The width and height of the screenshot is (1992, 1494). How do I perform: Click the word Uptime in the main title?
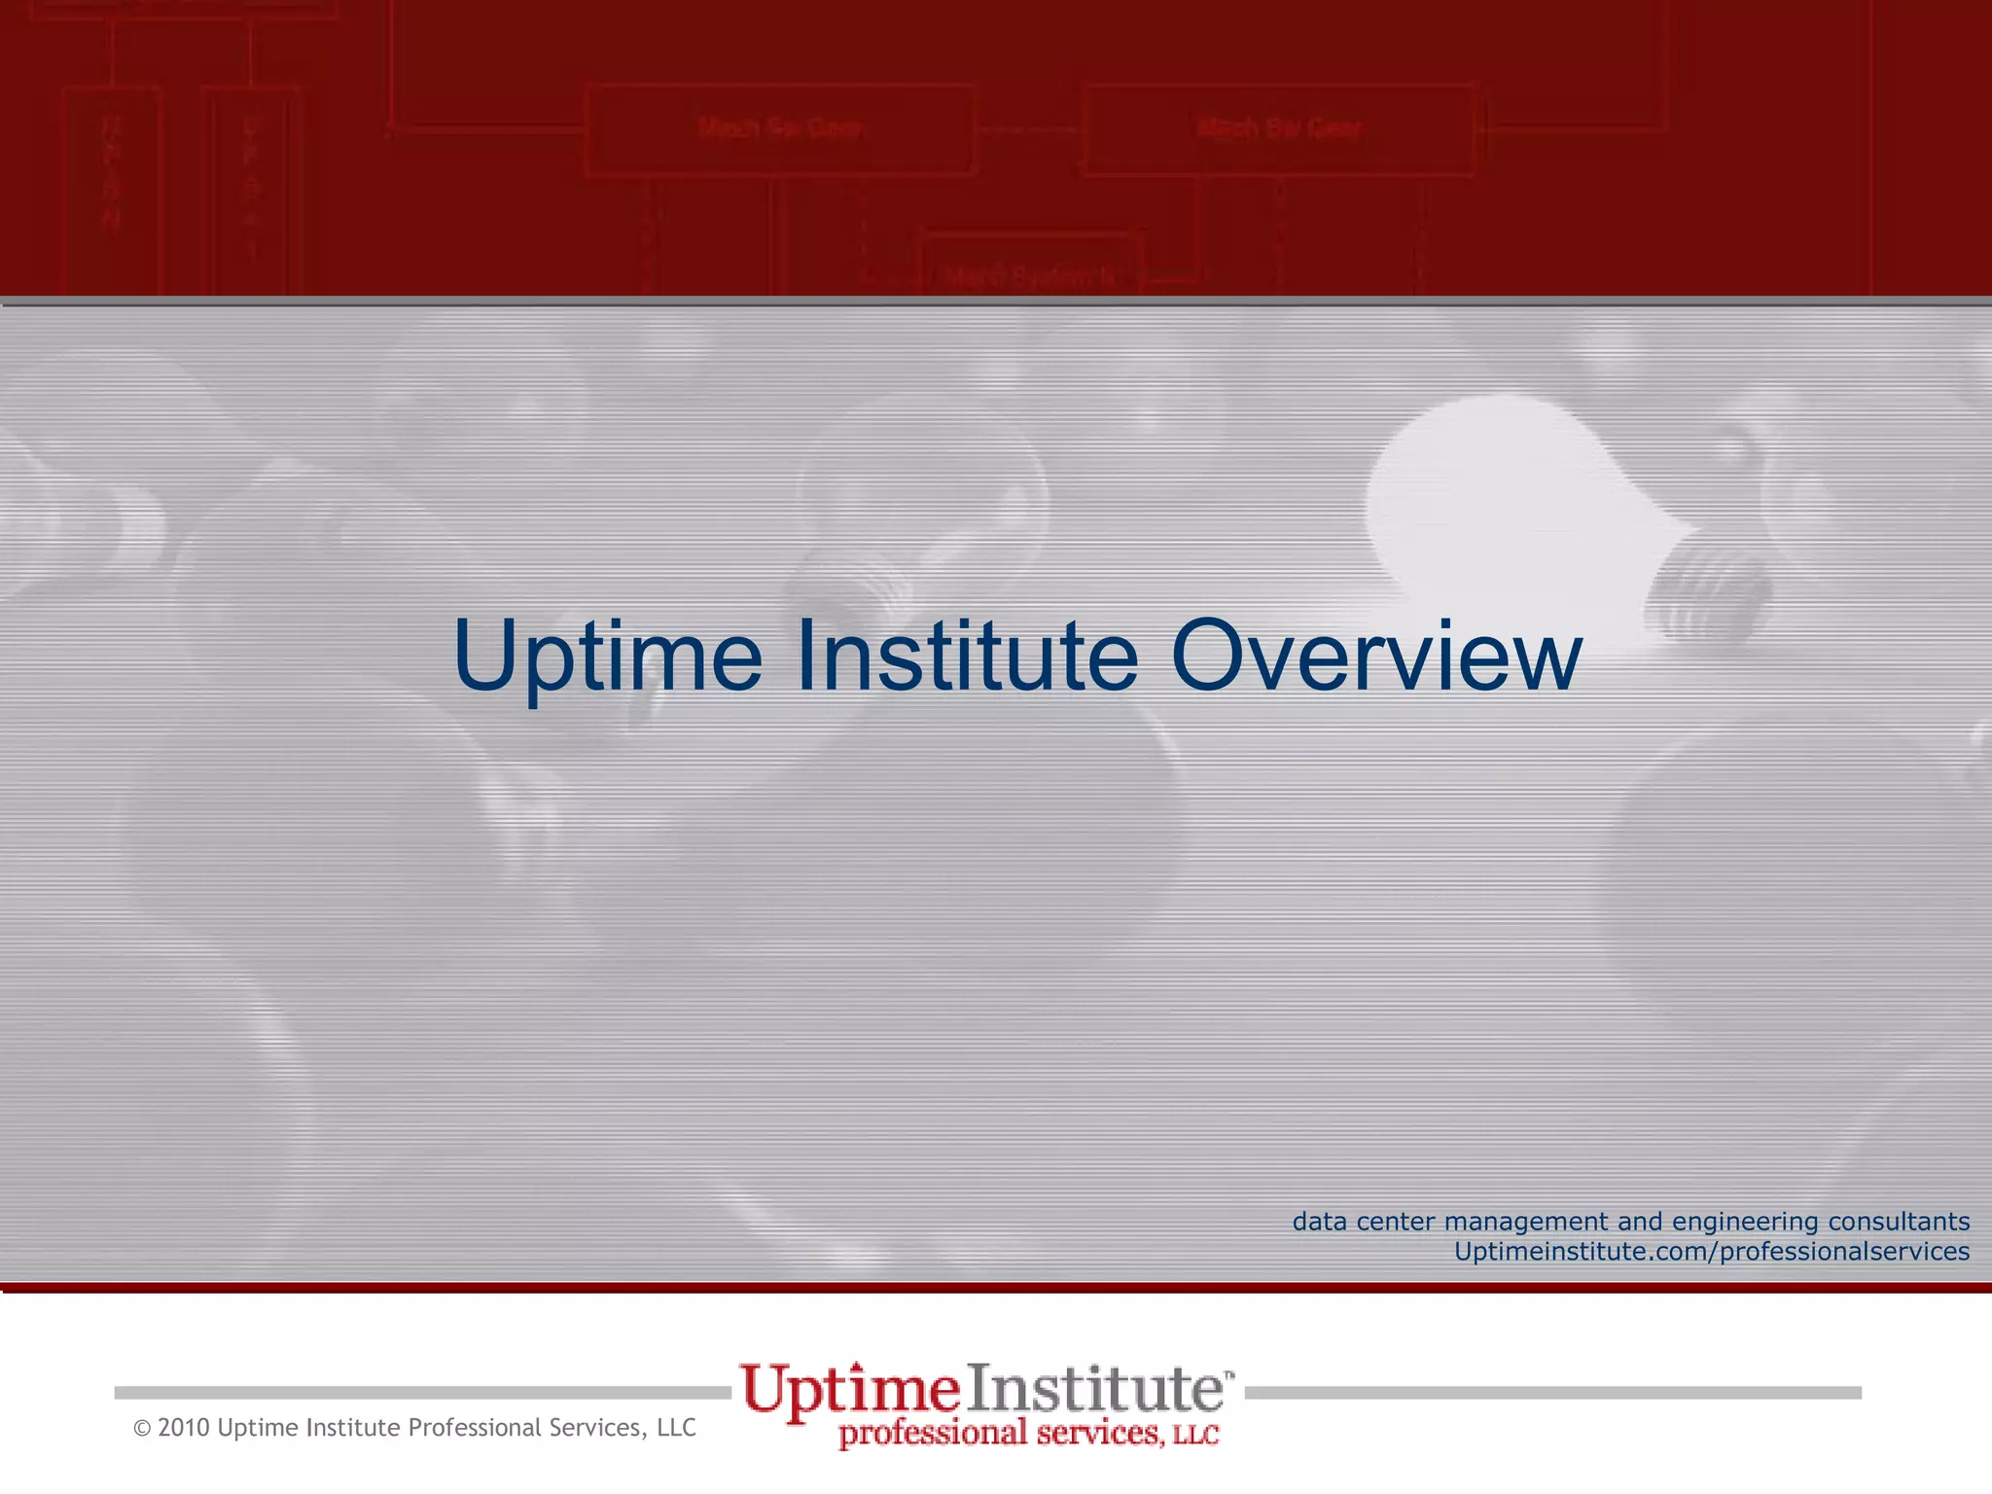point(608,659)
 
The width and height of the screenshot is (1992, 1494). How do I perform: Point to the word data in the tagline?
point(1320,1222)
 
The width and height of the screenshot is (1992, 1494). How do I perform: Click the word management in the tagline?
point(1525,1222)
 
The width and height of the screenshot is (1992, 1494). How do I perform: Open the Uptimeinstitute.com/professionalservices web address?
point(1712,1252)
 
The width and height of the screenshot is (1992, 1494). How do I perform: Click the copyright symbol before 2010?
point(142,1429)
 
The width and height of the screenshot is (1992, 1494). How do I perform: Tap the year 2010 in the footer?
point(184,1428)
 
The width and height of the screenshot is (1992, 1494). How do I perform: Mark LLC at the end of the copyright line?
point(676,1428)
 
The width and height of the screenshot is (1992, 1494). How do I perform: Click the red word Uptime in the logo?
point(850,1392)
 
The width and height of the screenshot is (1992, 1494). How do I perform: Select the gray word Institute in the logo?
point(1094,1389)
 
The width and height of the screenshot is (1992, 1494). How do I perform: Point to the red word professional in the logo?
point(932,1433)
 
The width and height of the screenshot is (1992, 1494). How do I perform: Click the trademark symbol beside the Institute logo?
point(1229,1374)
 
